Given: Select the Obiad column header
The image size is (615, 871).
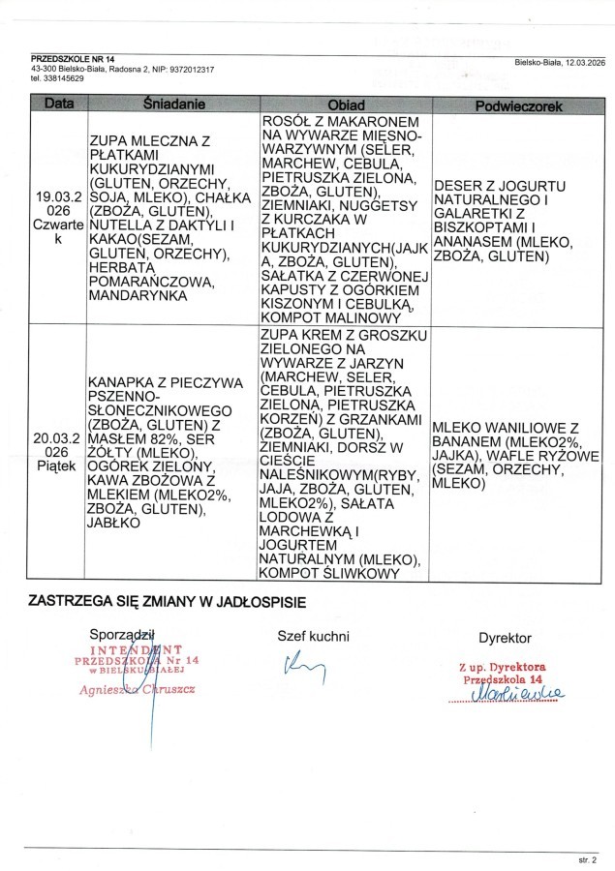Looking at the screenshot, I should tap(346, 104).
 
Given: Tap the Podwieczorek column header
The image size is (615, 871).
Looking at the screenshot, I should tap(513, 105).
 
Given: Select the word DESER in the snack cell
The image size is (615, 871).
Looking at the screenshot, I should tap(455, 184).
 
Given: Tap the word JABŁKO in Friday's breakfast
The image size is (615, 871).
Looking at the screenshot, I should tap(113, 522).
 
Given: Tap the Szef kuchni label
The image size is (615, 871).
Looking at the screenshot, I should tap(313, 636).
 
